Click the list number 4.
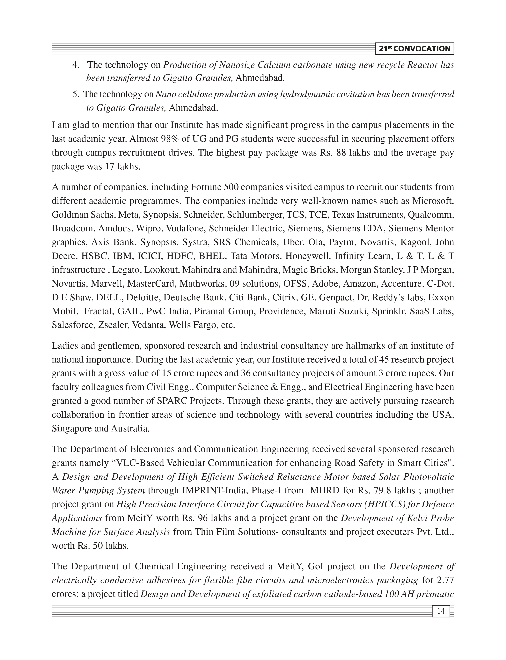(75, 65)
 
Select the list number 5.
(75, 95)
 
